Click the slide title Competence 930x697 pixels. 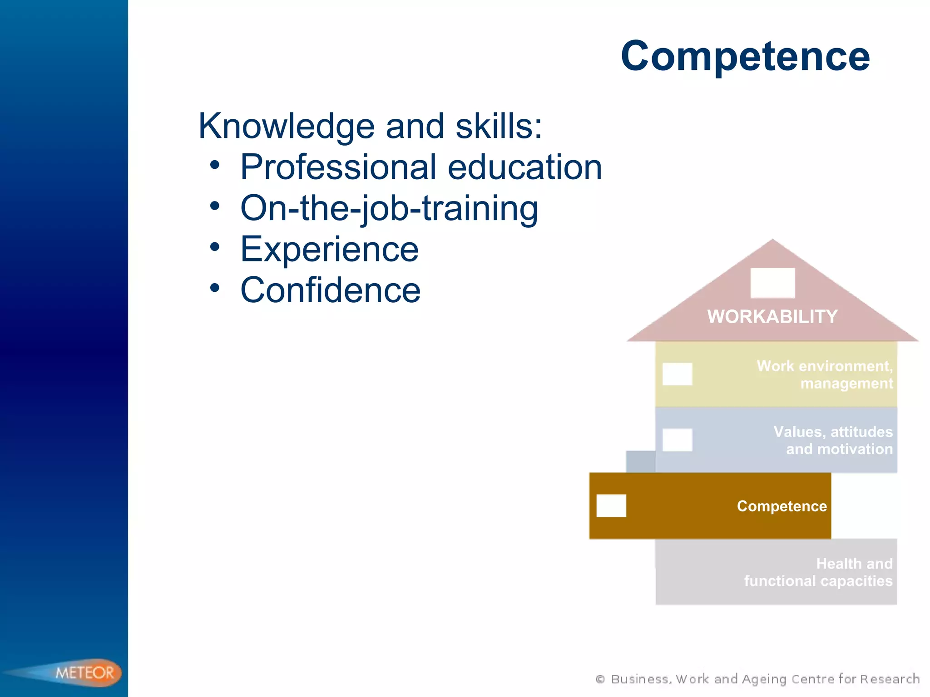point(745,56)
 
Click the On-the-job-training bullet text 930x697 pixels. point(389,208)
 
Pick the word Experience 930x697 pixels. point(329,250)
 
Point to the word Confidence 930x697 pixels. point(330,290)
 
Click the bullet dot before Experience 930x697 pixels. point(215,247)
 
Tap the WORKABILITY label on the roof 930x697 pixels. point(772,317)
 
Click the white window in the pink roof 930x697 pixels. point(772,283)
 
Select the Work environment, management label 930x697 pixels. point(824,375)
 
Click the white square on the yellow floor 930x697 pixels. point(677,374)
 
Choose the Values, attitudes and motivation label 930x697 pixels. point(833,440)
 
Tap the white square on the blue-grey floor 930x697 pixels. point(677,440)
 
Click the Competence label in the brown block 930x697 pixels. point(782,506)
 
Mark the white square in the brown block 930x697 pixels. point(611,506)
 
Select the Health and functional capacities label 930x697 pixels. point(818,572)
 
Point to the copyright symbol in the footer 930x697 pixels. point(600,679)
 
